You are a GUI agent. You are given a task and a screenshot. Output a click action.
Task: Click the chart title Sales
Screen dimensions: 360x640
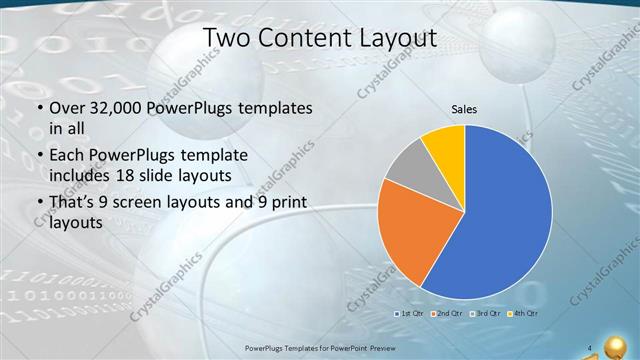[x=464, y=109]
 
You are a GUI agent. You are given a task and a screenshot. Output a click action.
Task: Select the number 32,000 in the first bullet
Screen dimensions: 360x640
[x=113, y=108]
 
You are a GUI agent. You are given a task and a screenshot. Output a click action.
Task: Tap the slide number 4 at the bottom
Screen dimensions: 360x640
[x=591, y=347]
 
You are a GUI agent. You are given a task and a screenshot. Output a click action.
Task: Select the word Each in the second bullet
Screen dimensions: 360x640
[x=65, y=156]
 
